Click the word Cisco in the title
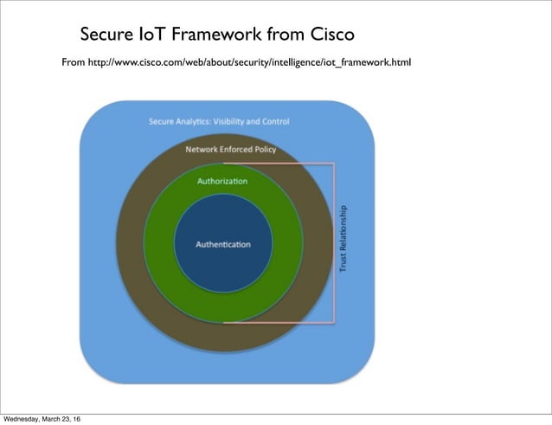tap(326, 35)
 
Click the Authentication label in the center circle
tap(223, 244)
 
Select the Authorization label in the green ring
tap(222, 181)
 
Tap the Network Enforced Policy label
tap(231, 149)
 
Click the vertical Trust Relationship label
tap(343, 240)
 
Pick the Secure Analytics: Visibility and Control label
tap(219, 121)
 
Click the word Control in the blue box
tap(275, 121)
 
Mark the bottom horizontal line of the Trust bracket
tap(277, 323)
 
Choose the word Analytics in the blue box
tap(192, 121)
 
